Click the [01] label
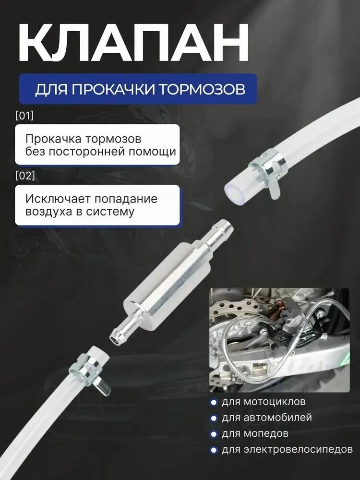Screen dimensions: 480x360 click(x=24, y=116)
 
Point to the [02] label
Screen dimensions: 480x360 click(x=25, y=176)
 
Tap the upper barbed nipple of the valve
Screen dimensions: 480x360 click(x=218, y=232)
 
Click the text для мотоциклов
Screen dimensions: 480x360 click(x=264, y=402)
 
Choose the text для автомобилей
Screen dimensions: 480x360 click(x=267, y=418)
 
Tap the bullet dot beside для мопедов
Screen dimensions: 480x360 click(x=213, y=434)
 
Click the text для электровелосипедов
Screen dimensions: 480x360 click(x=287, y=450)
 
